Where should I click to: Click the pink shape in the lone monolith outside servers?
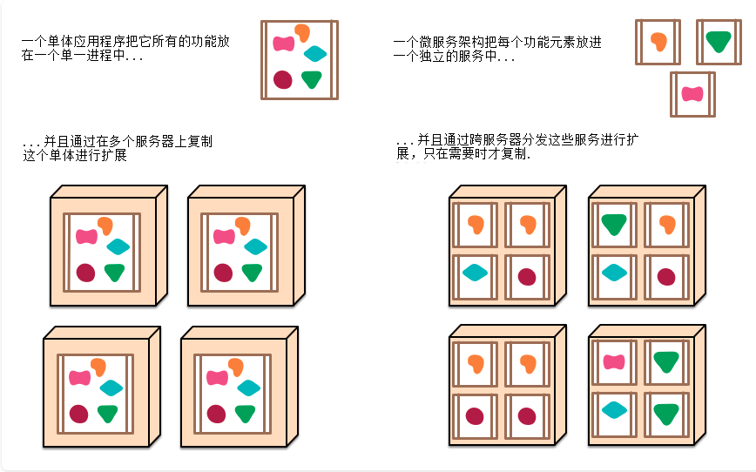pos(284,44)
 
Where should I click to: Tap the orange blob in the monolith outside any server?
pos(302,32)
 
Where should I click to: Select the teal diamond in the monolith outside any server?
pos(315,53)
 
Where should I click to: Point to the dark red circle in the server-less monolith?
pos(282,79)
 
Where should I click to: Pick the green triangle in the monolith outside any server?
pos(312,78)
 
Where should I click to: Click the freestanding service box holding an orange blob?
pos(658,42)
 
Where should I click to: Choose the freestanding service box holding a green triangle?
pos(719,42)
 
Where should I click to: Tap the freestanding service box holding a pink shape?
pos(692,94)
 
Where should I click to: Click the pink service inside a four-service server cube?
pos(614,361)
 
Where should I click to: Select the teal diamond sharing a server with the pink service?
pos(614,410)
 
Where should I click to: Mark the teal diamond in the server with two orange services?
pos(475,273)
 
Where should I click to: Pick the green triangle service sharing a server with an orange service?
pos(614,224)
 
